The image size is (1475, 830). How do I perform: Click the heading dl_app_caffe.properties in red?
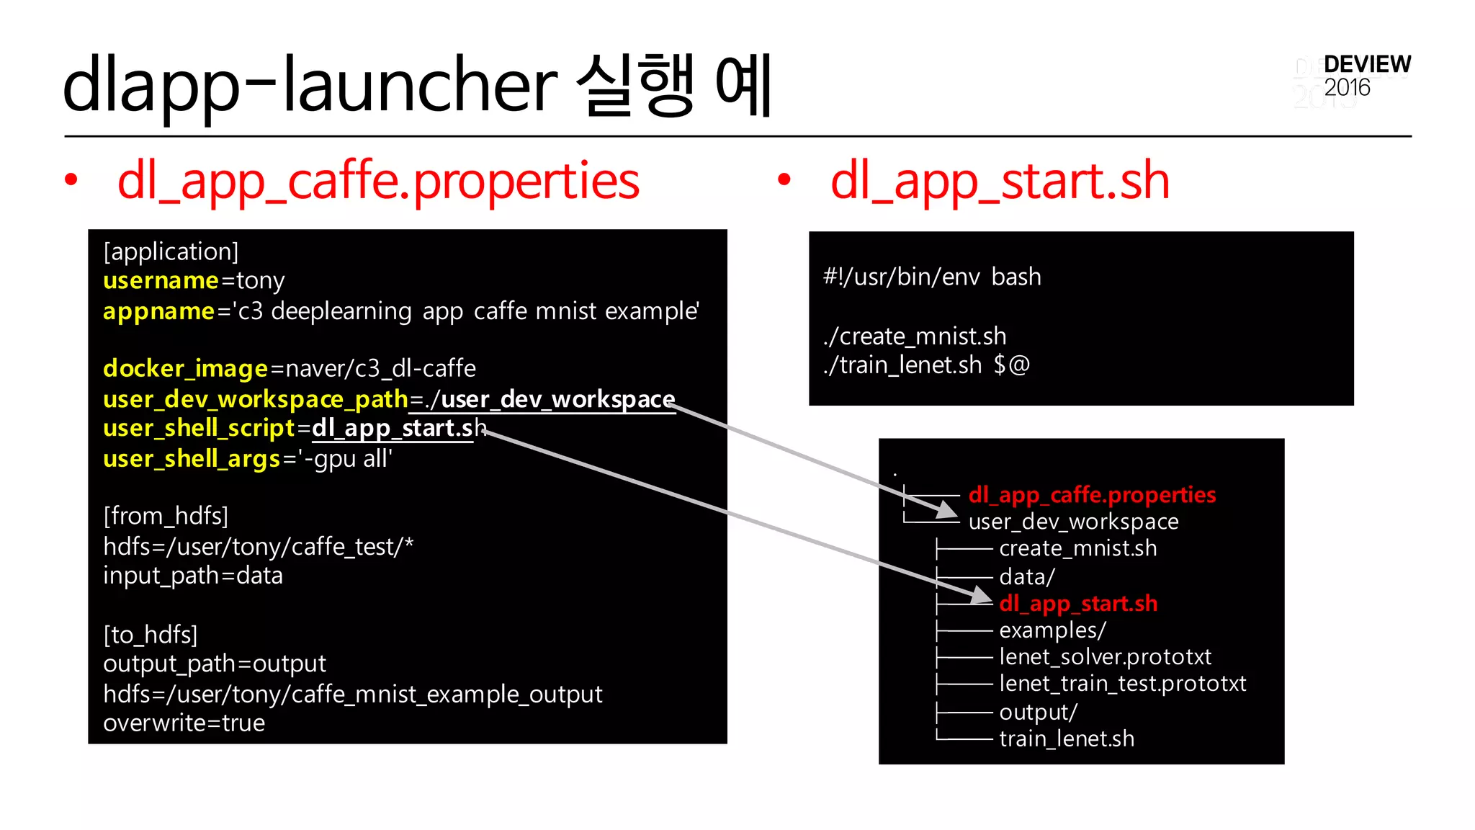(x=378, y=181)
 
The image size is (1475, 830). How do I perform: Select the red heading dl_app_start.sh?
(x=1000, y=181)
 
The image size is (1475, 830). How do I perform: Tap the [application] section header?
(x=171, y=251)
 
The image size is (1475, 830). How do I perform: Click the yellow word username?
(x=161, y=280)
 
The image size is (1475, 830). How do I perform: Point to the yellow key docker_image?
(x=185, y=368)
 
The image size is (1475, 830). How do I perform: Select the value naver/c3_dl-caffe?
(x=381, y=368)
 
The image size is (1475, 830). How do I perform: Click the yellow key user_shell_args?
(x=192, y=458)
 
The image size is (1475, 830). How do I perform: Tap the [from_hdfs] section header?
(x=166, y=516)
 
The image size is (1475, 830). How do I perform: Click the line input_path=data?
(x=193, y=576)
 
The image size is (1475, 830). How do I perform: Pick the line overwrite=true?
(x=184, y=723)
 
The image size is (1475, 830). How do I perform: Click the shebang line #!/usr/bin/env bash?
(x=932, y=277)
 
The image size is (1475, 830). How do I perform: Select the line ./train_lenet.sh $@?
(x=926, y=365)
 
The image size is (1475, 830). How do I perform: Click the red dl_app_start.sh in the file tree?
(x=1078, y=603)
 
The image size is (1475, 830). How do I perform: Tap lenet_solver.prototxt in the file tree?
(x=1105, y=656)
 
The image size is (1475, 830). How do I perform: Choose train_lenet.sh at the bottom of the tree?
(x=1067, y=738)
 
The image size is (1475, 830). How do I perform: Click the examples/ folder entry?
(x=1052, y=630)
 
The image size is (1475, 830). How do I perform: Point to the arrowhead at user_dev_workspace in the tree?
(x=948, y=510)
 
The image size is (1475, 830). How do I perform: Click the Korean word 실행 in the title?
(x=637, y=85)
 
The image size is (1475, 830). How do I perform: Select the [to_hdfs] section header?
(x=150, y=635)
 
